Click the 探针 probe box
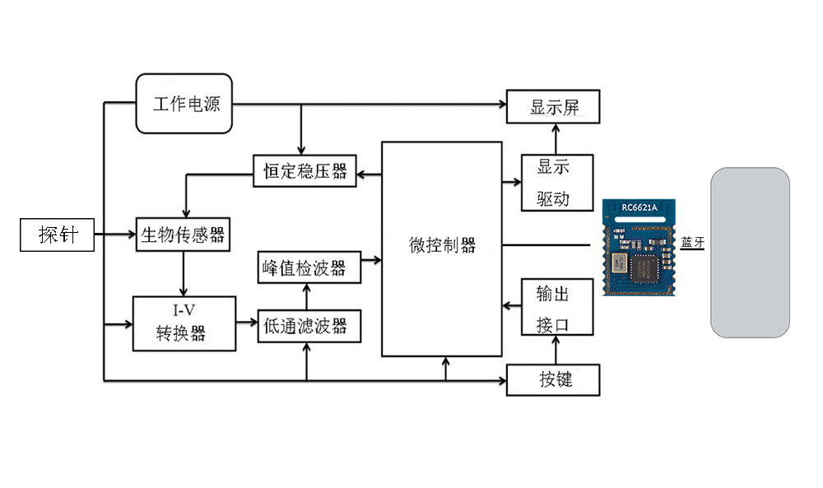tap(58, 235)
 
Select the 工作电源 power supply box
tap(184, 104)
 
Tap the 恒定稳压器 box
tap(305, 173)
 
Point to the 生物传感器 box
tap(183, 235)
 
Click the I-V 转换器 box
tap(183, 323)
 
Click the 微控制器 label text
tap(442, 245)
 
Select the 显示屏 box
tap(553, 107)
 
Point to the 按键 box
tap(553, 379)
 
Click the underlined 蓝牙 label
tap(693, 243)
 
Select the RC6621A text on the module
tap(639, 207)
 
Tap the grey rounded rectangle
tap(750, 253)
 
